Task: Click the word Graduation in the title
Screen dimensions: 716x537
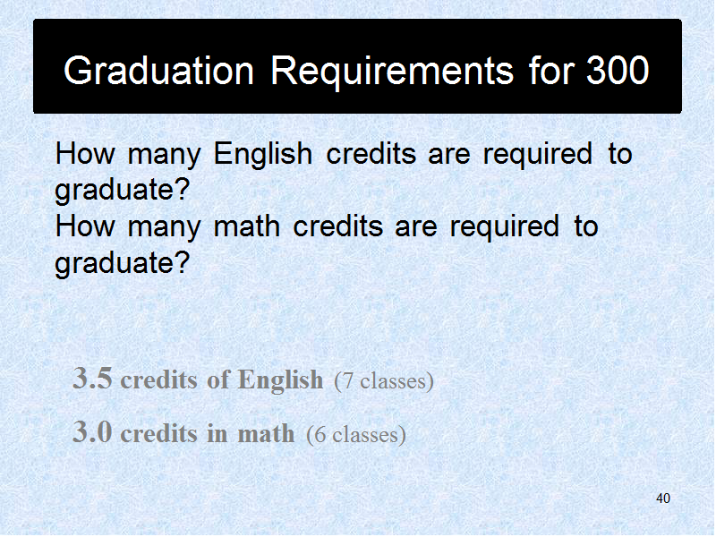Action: point(159,72)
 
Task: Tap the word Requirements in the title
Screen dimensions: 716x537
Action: point(392,72)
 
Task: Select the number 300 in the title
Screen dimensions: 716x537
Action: point(618,70)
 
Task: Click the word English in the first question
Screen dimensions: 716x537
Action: point(263,153)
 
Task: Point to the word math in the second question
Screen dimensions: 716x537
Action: point(247,226)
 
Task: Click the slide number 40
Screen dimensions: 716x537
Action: point(663,499)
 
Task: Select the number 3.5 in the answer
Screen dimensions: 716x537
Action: point(92,378)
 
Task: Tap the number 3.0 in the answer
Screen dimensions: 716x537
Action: point(92,431)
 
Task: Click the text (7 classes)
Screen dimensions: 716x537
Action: point(384,380)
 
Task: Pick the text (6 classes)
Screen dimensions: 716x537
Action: point(356,434)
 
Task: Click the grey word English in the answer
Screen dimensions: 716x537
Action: point(280,379)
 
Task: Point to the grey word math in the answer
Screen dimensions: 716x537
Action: point(266,433)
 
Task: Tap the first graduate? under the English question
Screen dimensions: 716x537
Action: point(122,190)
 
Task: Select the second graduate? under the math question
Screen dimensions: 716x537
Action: point(122,262)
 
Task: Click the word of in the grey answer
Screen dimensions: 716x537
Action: point(218,379)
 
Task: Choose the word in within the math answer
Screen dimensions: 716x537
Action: point(217,432)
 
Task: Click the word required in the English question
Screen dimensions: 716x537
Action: point(538,154)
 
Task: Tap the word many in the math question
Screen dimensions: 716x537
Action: point(164,228)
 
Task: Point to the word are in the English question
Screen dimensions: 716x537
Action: point(449,155)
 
